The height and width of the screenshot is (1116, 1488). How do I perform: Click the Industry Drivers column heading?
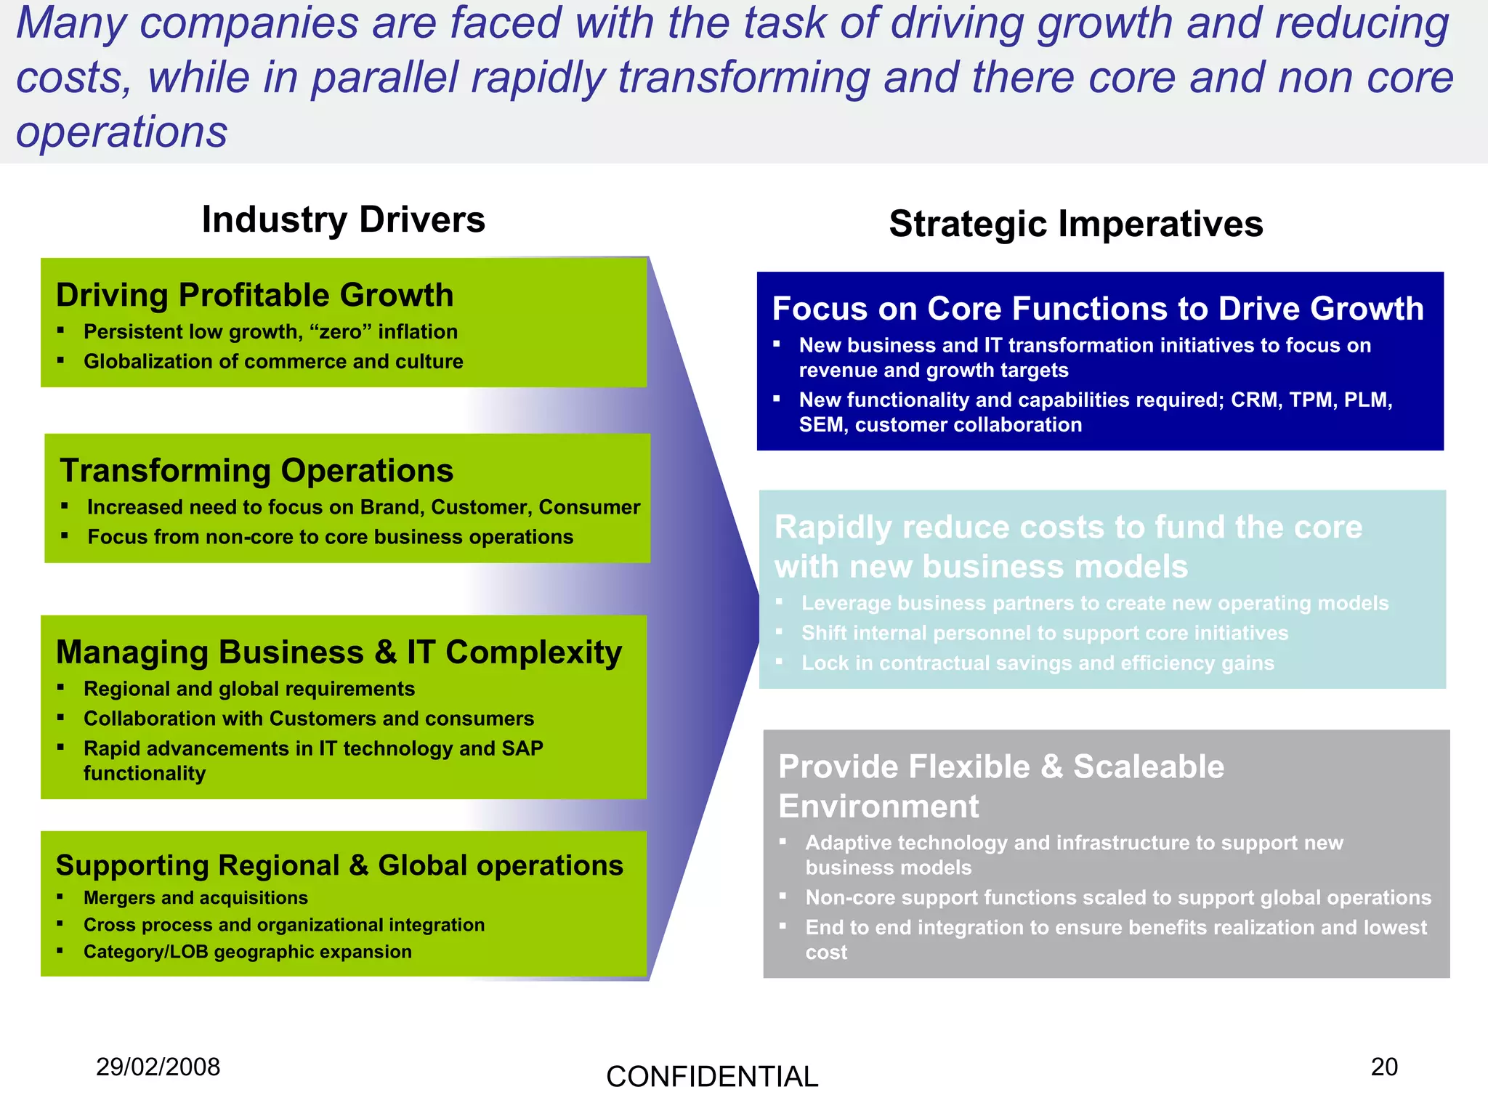[343, 219]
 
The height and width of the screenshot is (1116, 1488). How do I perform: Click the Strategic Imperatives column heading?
[1075, 223]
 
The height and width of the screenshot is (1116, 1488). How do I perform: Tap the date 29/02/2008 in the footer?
[158, 1067]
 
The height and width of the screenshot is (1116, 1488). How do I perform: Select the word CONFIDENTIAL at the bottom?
[712, 1077]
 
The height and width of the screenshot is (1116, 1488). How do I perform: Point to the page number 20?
[1383, 1067]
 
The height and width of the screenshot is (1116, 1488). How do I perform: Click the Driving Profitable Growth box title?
[254, 295]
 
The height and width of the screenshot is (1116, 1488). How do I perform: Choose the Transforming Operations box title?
[256, 470]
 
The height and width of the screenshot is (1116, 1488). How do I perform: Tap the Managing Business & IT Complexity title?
[339, 652]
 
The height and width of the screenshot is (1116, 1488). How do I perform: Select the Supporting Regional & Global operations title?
[339, 865]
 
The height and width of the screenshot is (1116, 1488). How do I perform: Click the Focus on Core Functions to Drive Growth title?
[1097, 308]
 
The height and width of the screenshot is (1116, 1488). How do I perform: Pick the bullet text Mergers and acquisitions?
[195, 898]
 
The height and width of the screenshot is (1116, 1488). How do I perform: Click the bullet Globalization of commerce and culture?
[273, 361]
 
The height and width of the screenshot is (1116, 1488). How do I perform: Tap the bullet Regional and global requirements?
[249, 689]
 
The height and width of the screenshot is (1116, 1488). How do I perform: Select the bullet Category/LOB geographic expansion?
[247, 952]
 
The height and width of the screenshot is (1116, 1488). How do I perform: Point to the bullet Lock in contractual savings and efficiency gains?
[1038, 663]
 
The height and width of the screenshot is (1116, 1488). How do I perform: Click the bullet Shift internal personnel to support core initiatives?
[1045, 633]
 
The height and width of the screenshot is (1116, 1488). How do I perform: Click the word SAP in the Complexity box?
[522, 748]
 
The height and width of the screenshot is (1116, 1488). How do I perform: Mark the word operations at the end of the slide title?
[122, 132]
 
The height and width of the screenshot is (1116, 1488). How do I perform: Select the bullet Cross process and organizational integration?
[283, 925]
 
